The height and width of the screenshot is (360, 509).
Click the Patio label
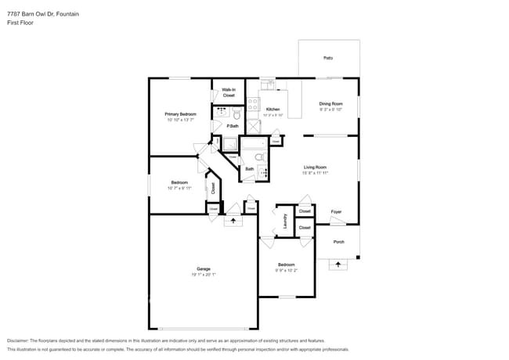(328, 58)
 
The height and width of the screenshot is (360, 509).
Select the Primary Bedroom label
(180, 114)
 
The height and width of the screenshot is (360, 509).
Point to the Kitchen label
(273, 109)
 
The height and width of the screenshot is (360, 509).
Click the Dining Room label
(330, 103)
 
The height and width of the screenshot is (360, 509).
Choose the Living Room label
(315, 167)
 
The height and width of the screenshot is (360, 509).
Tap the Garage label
(203, 268)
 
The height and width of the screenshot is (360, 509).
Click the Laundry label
(285, 221)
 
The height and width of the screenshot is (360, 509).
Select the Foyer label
(336, 211)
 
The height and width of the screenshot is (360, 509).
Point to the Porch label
(338, 241)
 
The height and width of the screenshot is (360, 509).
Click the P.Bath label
(233, 126)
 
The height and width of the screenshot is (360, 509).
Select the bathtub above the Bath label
(254, 144)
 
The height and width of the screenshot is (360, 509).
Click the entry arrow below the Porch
(338, 265)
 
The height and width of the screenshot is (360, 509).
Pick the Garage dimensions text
(203, 275)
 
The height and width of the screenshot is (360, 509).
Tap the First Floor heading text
(20, 23)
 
